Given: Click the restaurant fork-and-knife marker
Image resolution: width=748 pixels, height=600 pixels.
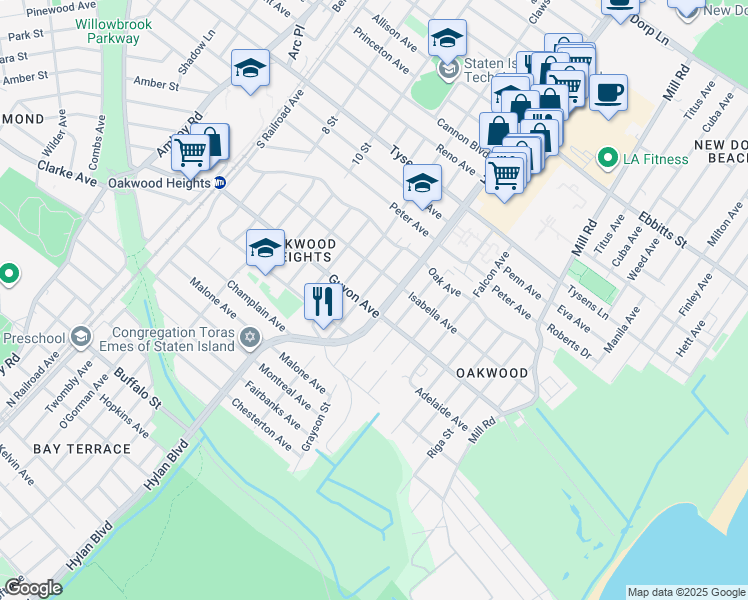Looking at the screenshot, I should click(x=322, y=301).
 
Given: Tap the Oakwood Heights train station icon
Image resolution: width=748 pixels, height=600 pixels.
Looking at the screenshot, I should click(x=220, y=182).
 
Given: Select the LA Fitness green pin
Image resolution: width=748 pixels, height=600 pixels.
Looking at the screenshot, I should click(x=605, y=158).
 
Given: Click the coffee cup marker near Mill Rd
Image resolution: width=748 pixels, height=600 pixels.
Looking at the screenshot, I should click(x=608, y=94).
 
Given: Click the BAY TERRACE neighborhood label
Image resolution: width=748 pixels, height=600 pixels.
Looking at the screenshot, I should click(x=81, y=449).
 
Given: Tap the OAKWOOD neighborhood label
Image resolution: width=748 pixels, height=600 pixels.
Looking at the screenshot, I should click(x=492, y=373).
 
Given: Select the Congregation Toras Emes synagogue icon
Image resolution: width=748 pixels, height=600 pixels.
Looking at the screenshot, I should click(x=250, y=339).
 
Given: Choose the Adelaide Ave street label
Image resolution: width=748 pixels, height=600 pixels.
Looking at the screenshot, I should click(x=441, y=408).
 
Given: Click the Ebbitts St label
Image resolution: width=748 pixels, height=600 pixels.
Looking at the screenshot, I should click(x=663, y=229).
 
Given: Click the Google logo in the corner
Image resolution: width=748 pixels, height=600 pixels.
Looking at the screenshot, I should click(x=33, y=588).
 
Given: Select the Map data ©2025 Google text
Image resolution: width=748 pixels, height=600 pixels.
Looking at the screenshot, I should click(x=686, y=592).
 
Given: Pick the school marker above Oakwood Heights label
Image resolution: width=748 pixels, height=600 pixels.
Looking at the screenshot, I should click(x=265, y=247).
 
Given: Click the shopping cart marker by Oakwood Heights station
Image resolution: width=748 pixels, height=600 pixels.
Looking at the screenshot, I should click(x=190, y=153).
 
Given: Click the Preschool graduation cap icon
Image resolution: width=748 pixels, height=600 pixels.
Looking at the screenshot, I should click(x=80, y=337).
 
